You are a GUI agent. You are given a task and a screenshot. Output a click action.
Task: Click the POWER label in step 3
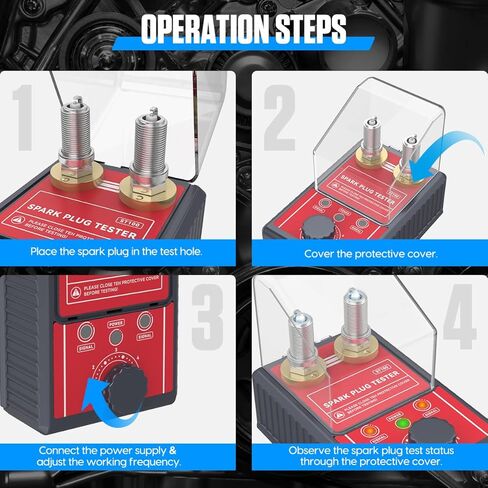pos(115,323)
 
